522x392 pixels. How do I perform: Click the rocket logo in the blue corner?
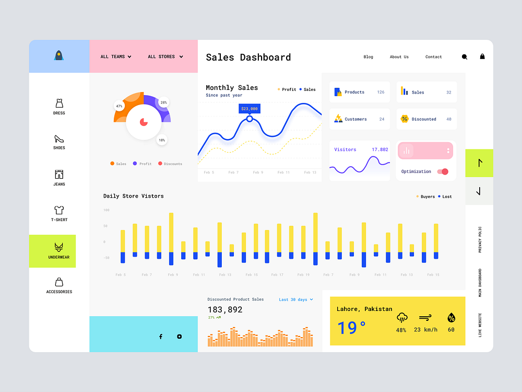tap(59, 55)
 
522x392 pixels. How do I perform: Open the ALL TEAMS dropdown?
tap(116, 56)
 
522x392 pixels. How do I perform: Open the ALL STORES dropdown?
tap(165, 56)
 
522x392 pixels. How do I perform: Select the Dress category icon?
tap(59, 103)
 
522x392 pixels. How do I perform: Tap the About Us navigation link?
tap(399, 57)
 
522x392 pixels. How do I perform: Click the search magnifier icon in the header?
tap(465, 56)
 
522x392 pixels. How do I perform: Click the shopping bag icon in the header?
tap(482, 56)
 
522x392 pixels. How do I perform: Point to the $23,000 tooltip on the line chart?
tap(249, 109)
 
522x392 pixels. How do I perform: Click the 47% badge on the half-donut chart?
tap(119, 106)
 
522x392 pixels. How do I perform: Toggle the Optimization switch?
tap(443, 171)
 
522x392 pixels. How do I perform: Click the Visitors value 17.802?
tap(379, 149)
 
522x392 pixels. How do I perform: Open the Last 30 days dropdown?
tap(296, 299)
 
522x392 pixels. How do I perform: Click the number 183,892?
tap(225, 309)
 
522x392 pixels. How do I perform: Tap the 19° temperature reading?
tap(351, 328)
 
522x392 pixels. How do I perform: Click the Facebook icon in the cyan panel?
tap(161, 337)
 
